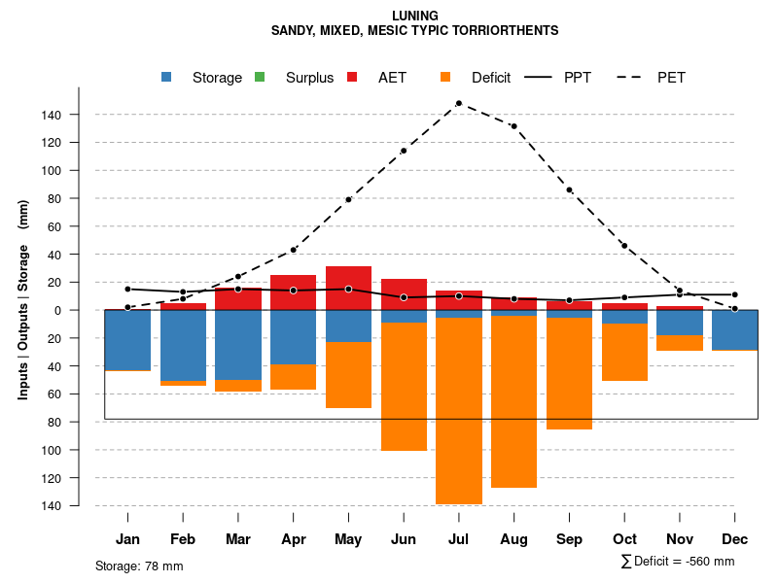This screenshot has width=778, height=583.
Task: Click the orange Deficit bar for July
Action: point(458,410)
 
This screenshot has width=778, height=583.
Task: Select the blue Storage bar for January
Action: point(127,340)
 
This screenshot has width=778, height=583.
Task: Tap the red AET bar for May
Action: point(348,288)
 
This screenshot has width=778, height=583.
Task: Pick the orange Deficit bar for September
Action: point(569,373)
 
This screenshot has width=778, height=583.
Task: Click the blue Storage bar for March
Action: point(237,345)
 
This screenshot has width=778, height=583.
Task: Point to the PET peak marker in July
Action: point(458,103)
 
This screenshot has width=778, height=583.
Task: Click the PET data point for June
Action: point(404,151)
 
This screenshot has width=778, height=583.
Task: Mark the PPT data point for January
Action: point(127,289)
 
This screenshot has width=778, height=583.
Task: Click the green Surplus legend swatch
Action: point(260,77)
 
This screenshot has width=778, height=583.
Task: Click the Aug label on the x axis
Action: point(513,539)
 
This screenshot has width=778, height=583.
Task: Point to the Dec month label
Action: point(735,539)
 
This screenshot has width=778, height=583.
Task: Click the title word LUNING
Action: point(414,16)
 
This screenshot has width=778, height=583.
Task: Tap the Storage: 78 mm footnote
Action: point(139,566)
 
